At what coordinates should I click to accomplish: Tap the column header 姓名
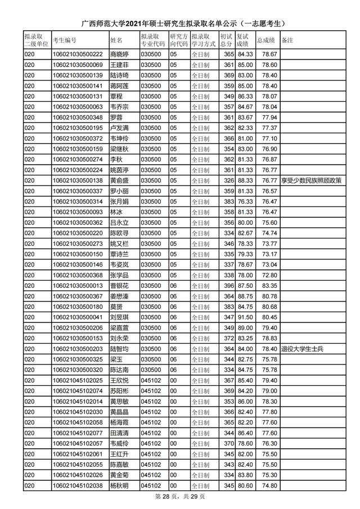click(x=116, y=40)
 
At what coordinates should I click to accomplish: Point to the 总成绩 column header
click(x=265, y=40)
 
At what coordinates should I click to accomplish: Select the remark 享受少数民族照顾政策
click(x=311, y=181)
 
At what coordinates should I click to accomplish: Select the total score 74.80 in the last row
click(x=267, y=485)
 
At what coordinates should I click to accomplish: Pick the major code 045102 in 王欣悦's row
click(x=150, y=380)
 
